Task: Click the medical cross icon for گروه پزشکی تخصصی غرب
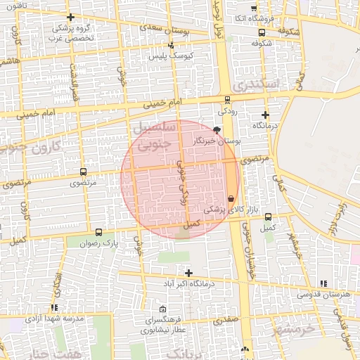70,17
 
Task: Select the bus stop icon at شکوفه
262,32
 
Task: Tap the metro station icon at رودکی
226,100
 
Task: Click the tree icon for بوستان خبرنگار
216,130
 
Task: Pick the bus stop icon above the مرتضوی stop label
84,172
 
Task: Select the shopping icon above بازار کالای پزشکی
231,198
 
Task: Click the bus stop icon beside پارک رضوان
98,231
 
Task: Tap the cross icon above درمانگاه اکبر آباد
188,272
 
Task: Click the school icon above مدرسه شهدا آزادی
54,307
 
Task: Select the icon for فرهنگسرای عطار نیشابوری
163,309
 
